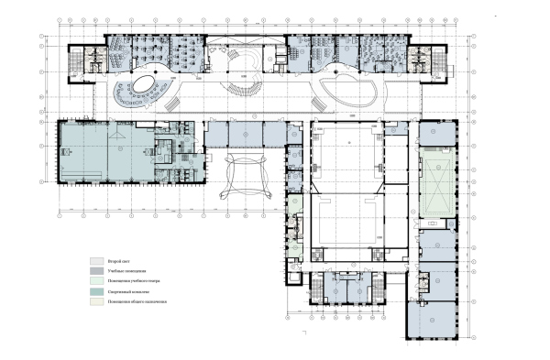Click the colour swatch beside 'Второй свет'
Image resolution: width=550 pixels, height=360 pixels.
[x=95, y=261]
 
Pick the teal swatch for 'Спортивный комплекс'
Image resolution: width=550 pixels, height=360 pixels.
[x=95, y=290]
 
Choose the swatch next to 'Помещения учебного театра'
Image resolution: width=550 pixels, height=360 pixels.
[x=95, y=280]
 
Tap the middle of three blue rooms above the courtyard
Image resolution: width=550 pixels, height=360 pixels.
[x=247, y=136]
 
